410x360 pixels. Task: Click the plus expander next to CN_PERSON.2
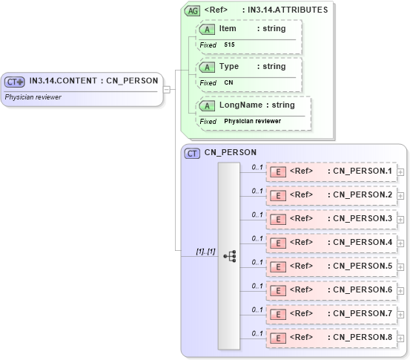401,196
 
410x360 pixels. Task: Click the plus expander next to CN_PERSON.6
401,291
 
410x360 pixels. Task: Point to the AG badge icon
192,11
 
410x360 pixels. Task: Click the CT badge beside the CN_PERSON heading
192,153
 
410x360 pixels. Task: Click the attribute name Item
228,28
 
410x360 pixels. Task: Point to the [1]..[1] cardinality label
205,252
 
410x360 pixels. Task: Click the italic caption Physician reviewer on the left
33,96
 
